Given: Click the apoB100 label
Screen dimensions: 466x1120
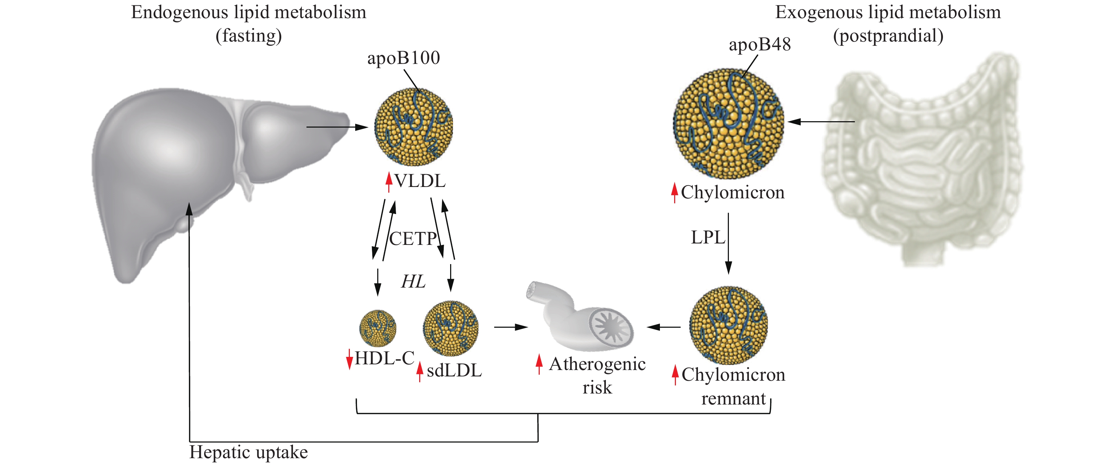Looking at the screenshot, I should point(403,58).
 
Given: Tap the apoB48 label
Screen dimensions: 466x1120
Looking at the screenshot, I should point(759,44).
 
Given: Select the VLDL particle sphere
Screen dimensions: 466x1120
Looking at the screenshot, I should point(414,127).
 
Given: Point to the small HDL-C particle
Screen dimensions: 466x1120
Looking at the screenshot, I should point(377,328).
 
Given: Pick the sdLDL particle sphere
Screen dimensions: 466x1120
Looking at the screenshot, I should point(450,328).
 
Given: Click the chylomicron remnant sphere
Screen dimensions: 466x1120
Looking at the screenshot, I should point(728,325).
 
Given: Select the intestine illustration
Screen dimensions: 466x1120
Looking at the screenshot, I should point(922,161).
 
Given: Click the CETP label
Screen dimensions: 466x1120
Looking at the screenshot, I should point(412,239).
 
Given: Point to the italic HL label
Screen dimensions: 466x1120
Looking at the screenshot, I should point(413,282).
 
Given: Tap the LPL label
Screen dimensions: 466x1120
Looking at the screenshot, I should point(708,237).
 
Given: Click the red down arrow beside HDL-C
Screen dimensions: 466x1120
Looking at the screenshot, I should point(349,359).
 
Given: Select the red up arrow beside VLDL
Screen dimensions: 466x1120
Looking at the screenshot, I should point(389,182).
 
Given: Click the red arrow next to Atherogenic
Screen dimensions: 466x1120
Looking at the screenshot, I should point(539,364).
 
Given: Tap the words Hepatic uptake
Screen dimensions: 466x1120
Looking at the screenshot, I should point(248,452).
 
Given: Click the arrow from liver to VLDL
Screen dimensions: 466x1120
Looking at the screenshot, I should point(337,127).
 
